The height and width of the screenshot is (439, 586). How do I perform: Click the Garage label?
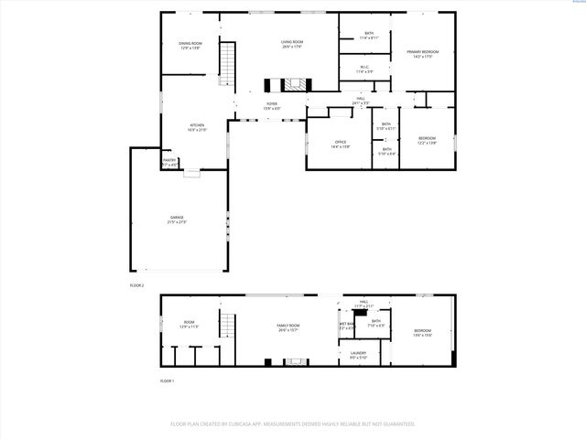[176, 218]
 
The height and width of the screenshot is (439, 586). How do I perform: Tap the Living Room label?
[292, 42]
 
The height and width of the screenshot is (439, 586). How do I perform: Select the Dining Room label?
[190, 43]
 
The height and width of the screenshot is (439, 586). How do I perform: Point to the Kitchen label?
[197, 125]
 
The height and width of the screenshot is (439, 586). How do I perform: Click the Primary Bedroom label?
[423, 52]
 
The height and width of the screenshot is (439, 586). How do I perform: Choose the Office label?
[340, 142]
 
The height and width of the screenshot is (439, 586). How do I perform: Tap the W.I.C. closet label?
[364, 67]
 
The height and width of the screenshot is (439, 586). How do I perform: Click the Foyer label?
[272, 104]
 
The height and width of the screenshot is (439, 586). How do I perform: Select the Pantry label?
[169, 161]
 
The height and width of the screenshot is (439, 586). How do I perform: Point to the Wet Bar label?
[347, 324]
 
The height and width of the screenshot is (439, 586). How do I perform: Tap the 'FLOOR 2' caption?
[136, 286]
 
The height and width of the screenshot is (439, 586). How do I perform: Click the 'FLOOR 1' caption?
[167, 380]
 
